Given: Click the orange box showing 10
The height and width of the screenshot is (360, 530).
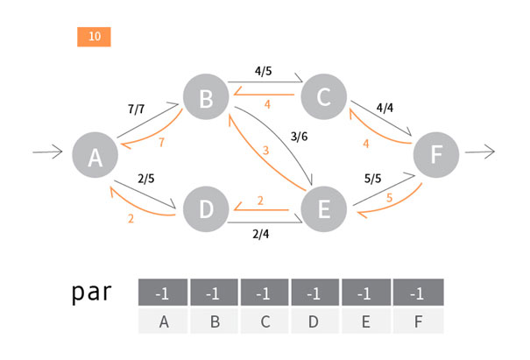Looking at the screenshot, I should tap(94, 37).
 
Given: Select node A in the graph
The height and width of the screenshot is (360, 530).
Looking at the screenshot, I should tap(95, 157).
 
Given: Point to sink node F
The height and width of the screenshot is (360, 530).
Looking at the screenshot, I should tap(437, 155).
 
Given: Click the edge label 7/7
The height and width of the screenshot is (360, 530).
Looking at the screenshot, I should tap(137, 109).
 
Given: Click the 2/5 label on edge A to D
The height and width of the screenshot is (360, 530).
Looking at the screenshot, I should tap(147, 180).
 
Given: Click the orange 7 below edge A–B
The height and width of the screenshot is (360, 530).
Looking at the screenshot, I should tap(160, 142).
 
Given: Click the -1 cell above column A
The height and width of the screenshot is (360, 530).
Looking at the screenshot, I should tap(164, 293).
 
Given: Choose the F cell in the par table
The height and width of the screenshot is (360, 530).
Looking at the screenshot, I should tap(419, 321).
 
